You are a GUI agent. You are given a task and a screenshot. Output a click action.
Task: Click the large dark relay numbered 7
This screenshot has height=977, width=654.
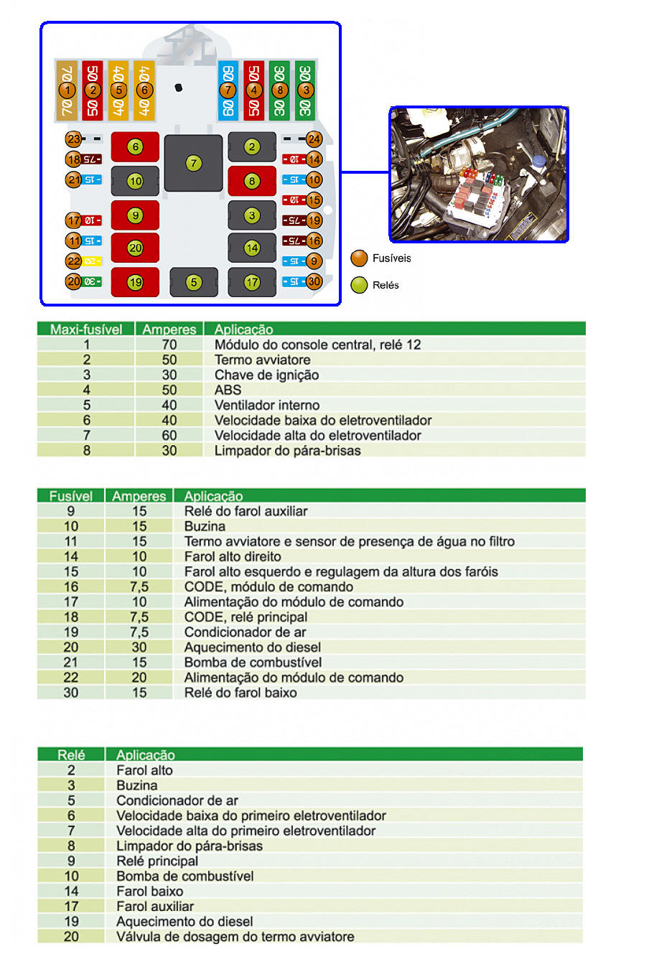193,163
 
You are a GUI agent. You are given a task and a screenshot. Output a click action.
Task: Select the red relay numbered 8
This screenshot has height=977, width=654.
251,181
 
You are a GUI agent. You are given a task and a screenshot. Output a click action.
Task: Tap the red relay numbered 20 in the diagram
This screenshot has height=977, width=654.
135,248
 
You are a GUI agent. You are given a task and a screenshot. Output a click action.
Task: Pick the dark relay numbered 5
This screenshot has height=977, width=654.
193,282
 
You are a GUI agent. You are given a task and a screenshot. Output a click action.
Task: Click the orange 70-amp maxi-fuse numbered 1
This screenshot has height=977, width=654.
67,90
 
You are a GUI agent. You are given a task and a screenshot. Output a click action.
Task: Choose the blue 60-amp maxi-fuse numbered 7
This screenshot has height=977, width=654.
228,90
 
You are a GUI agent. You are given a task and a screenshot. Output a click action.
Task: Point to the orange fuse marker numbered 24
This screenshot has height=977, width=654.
314,139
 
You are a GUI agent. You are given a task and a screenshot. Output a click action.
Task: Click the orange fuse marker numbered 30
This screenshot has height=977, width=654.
314,282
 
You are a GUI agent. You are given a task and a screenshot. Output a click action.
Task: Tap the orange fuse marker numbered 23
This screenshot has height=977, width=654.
73,139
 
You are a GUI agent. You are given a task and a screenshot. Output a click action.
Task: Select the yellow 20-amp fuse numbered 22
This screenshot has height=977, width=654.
92,261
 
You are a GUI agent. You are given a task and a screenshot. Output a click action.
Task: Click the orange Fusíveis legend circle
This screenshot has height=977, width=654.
359,258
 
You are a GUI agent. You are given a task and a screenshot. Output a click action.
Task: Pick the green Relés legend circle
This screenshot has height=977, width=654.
359,285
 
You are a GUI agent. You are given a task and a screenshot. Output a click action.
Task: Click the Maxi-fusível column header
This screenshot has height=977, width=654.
86,329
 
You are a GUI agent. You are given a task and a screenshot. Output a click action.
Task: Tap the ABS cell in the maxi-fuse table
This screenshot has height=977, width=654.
228,390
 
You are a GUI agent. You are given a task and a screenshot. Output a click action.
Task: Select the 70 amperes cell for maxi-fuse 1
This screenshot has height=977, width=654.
169,345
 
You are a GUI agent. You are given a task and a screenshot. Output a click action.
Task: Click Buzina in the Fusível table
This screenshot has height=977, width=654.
205,526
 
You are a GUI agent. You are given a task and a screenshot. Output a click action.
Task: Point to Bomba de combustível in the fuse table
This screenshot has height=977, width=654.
253,663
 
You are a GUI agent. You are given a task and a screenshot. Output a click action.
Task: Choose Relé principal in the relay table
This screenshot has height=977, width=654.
157,861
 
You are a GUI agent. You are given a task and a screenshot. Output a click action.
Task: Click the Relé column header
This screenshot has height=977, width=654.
71,754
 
